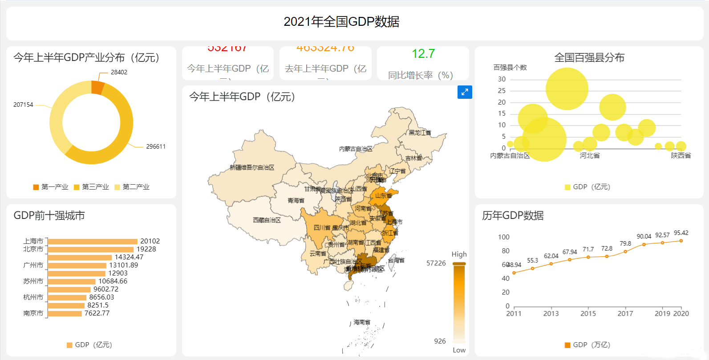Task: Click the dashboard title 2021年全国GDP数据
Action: (341, 21)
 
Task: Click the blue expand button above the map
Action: (465, 92)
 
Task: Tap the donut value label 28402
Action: (119, 72)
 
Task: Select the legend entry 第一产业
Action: (51, 187)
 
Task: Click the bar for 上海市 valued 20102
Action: (93, 241)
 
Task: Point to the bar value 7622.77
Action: (97, 313)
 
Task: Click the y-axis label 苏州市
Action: (33, 281)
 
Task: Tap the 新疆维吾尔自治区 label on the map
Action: (252, 167)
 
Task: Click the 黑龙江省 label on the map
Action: (420, 133)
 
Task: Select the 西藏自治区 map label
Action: (267, 220)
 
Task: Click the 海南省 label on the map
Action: (362, 322)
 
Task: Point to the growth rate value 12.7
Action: (423, 54)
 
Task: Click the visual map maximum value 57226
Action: (436, 263)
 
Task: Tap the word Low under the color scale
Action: (459, 350)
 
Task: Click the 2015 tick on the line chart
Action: (588, 314)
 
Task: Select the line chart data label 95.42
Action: (681, 233)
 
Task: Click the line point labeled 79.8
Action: (625, 251)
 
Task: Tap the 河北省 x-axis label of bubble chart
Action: (590, 156)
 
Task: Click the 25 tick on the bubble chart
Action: (502, 91)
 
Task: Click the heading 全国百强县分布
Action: (589, 57)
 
